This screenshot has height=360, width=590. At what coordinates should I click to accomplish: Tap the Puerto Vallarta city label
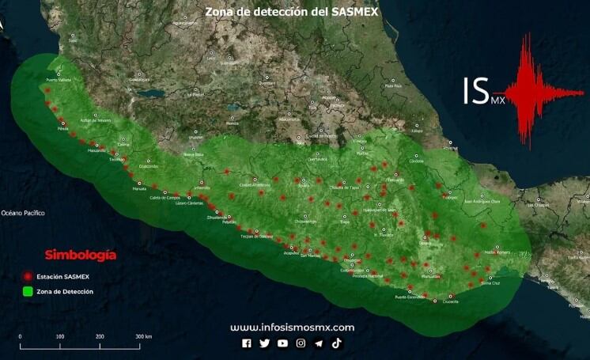(x=59, y=81)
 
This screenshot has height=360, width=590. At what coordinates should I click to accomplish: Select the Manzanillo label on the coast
(x=96, y=150)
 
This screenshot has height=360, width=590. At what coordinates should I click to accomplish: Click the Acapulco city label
(x=291, y=253)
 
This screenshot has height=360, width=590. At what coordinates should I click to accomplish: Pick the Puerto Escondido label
(x=410, y=297)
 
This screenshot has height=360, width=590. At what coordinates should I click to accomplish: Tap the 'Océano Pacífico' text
(x=23, y=213)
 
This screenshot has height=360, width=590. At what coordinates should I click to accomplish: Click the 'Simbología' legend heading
(x=81, y=255)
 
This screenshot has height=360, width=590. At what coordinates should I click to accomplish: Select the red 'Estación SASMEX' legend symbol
(x=28, y=276)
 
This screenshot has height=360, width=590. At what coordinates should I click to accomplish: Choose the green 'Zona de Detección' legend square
(x=28, y=291)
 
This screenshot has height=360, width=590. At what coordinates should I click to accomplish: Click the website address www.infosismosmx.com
(x=292, y=327)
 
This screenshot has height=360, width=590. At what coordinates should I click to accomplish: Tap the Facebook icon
(x=247, y=343)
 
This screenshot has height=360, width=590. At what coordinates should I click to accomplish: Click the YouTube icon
(x=282, y=343)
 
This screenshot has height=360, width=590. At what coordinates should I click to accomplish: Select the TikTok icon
(x=336, y=343)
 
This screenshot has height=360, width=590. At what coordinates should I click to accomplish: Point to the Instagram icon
(x=301, y=343)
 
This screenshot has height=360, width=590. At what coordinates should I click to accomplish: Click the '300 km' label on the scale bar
(x=143, y=337)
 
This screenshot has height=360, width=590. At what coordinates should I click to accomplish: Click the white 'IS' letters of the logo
(x=475, y=91)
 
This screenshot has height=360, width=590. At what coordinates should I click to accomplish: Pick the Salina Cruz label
(x=490, y=282)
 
